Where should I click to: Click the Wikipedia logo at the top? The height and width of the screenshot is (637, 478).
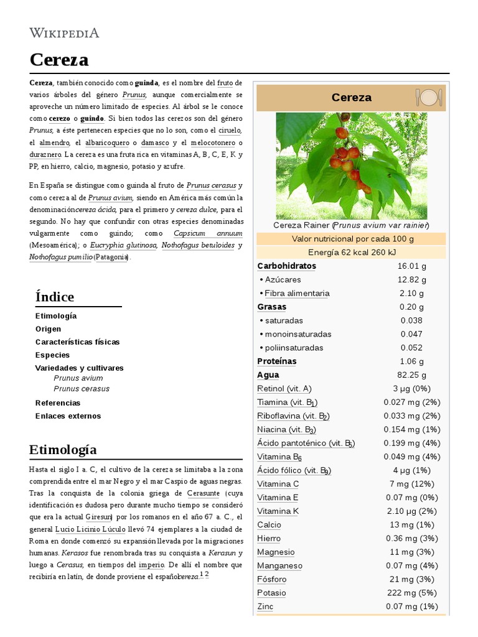click(x=64, y=33)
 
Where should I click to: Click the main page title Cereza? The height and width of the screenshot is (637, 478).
click(x=59, y=60)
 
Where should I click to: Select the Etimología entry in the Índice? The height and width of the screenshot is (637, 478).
click(x=56, y=316)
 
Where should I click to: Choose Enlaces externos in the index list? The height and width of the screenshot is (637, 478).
click(x=68, y=416)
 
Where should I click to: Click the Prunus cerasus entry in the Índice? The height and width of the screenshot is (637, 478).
click(x=82, y=389)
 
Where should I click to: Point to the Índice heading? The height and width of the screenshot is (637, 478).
click(x=55, y=297)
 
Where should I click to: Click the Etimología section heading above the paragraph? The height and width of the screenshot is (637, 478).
click(x=63, y=449)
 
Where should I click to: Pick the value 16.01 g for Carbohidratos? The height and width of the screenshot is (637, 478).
click(x=411, y=266)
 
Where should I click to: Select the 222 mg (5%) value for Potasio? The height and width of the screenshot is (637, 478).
click(x=411, y=593)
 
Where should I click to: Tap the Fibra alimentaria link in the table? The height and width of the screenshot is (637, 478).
click(x=297, y=294)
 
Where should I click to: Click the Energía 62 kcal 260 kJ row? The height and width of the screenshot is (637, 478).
click(x=352, y=253)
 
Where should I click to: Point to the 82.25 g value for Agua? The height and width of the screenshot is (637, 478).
click(x=411, y=375)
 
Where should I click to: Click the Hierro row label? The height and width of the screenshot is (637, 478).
click(x=269, y=539)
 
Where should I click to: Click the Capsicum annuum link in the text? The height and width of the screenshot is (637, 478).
click(x=208, y=234)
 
